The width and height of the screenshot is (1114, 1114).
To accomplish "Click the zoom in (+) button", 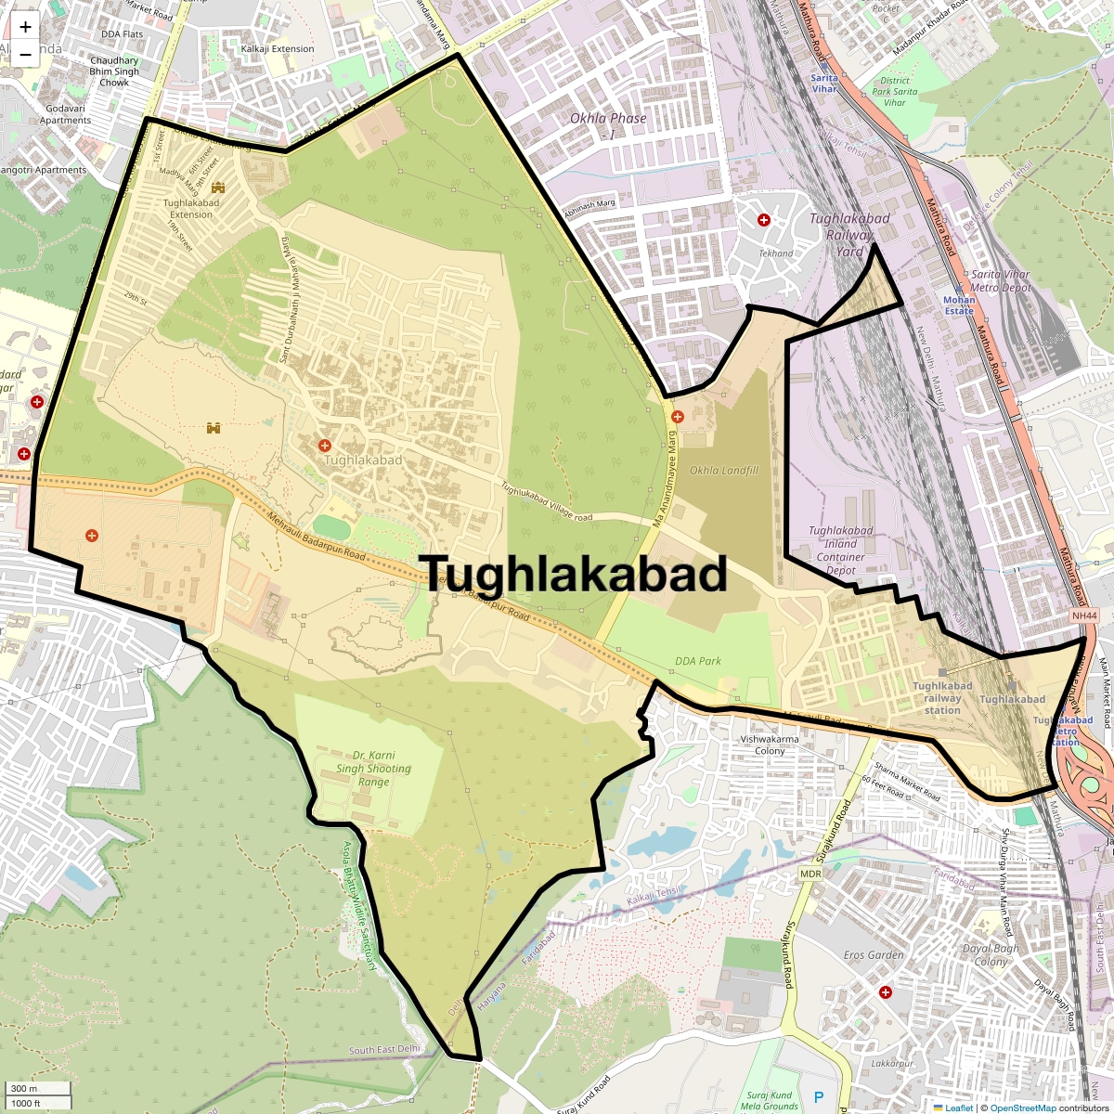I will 25,27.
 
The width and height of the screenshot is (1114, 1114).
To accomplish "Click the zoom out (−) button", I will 25,55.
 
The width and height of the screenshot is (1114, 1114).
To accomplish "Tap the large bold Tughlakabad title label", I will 574,574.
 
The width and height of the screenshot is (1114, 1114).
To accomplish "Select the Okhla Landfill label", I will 724,471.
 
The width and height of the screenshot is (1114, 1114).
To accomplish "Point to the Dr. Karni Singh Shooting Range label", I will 373,769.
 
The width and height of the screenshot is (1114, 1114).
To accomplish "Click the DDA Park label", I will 698,661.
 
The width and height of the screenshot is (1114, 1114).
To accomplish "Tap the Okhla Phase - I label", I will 608,124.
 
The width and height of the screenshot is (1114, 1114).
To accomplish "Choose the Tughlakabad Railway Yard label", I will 849,235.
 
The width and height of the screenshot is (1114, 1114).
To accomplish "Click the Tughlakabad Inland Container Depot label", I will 840,551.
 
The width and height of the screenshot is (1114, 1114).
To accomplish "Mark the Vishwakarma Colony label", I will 770,745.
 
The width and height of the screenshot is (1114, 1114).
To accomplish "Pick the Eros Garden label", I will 874,954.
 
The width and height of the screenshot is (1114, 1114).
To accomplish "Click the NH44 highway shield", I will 1083,615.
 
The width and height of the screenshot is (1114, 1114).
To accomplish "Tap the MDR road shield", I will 810,874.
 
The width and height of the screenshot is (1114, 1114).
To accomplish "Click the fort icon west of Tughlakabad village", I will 214,428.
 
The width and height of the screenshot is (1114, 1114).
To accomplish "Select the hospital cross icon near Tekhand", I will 764,220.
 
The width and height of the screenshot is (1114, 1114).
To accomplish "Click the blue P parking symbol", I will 819,1098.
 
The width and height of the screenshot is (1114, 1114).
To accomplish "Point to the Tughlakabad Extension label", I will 191,209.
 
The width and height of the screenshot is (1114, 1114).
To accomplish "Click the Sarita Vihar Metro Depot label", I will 1000,280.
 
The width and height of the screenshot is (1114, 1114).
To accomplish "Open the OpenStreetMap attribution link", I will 1023,1108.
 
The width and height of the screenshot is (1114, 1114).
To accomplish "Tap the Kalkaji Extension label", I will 278,49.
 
